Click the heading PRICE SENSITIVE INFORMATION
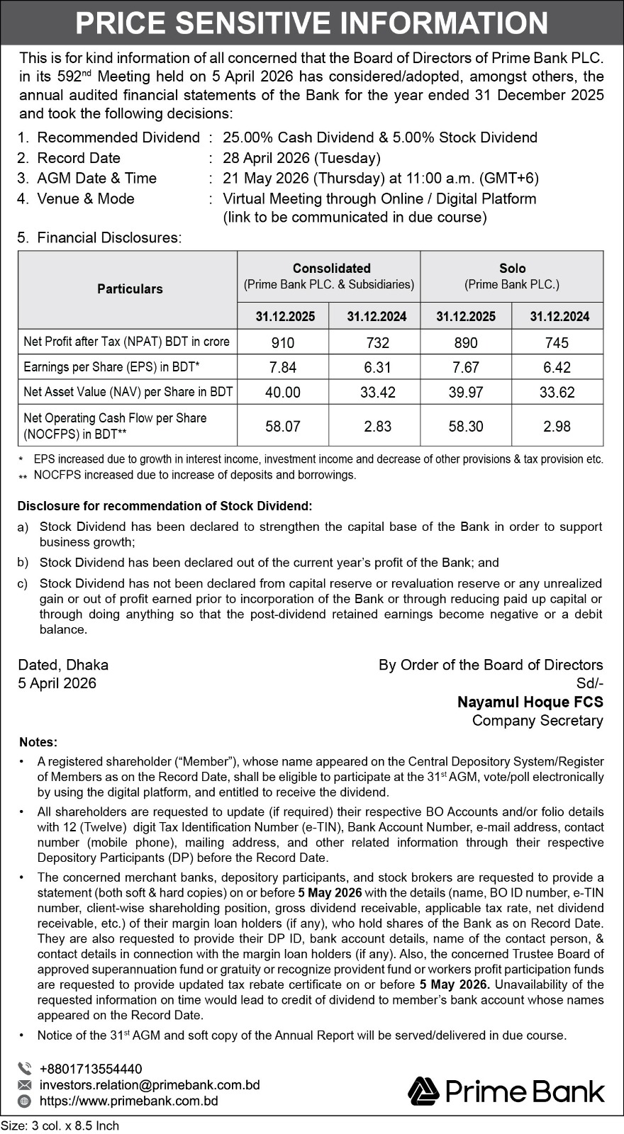pyautogui.click(x=312, y=23)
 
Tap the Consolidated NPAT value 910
pyautogui.click(x=283, y=343)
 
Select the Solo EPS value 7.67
pyautogui.click(x=465, y=367)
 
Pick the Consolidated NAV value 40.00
pyautogui.click(x=283, y=392)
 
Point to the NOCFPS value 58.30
pyautogui.click(x=465, y=426)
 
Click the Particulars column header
pyautogui.click(x=130, y=289)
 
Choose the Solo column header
pyautogui.click(x=512, y=269)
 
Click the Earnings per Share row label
pyautogui.click(x=112, y=367)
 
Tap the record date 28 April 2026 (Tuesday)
pyautogui.click(x=301, y=158)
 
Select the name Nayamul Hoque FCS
pyautogui.click(x=530, y=702)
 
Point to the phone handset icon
pyautogui.click(x=25, y=1069)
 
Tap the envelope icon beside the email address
pyautogui.click(x=25, y=1085)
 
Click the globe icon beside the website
pyautogui.click(x=25, y=1101)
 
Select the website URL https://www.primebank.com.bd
pyautogui.click(x=129, y=1101)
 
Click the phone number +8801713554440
pyautogui.click(x=91, y=1069)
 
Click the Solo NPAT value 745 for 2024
pyautogui.click(x=557, y=343)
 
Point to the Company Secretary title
pyautogui.click(x=537, y=720)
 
